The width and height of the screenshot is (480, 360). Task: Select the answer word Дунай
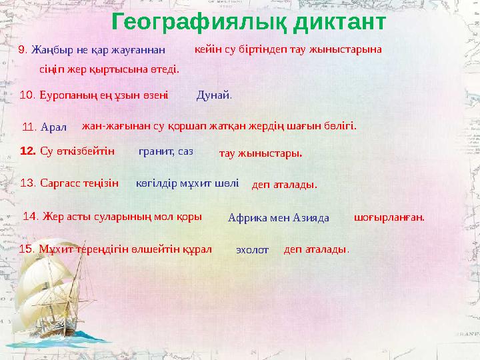[x=213, y=95]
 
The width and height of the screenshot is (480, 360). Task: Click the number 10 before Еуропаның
[x=28, y=95]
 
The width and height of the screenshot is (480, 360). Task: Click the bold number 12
[x=28, y=151]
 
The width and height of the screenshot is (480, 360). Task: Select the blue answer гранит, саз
[x=165, y=151]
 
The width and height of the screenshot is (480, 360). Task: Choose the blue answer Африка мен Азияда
[x=279, y=217]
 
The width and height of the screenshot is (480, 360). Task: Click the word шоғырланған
[x=389, y=217]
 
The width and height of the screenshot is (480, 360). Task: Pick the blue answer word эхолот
[x=252, y=250]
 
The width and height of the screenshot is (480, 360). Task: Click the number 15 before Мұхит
[x=28, y=249]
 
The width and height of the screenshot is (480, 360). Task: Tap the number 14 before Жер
[x=31, y=216]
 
